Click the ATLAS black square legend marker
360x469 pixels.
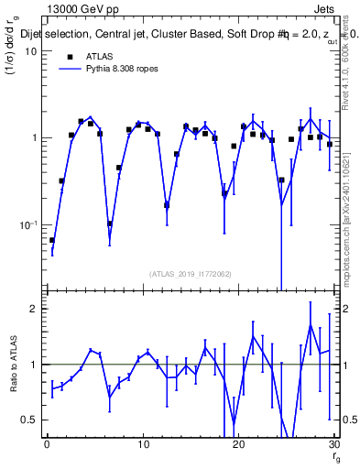[x=69, y=57]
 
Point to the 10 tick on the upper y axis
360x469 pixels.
[x=30, y=51]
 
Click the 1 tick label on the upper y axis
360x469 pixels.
[x=34, y=138]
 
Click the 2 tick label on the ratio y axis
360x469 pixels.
[x=34, y=309]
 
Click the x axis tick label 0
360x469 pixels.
[x=47, y=446]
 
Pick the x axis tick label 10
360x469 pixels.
[x=142, y=446]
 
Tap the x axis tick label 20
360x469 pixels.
[x=238, y=446]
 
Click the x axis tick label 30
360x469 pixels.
[x=333, y=446]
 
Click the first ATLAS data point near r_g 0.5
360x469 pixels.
[x=51, y=240]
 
